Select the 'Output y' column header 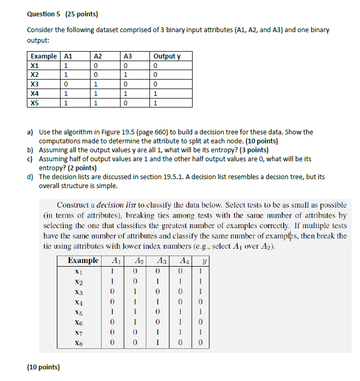click(x=166, y=56)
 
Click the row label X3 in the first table click(x=35, y=84)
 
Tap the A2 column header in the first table click(x=97, y=56)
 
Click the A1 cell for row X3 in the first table click(x=65, y=84)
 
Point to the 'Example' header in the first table click(x=44, y=56)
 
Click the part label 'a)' click(x=31, y=132)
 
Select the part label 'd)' click(x=31, y=177)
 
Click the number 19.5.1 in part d click(x=186, y=177)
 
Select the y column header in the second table click(x=198, y=261)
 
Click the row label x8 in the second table click(x=78, y=343)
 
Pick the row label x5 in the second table click(x=78, y=312)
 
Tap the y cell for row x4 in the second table click(x=198, y=302)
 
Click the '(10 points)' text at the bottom click(x=43, y=367)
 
